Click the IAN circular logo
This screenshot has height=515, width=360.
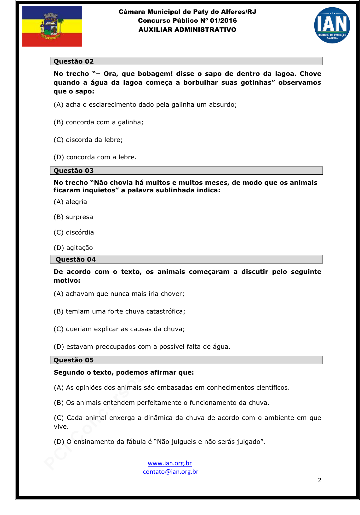tap(332, 25)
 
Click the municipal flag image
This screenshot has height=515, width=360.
tap(52, 26)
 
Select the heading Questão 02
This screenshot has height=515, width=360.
tap(74, 61)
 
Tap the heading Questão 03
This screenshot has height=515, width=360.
tap(74, 171)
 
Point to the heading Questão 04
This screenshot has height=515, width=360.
tap(76, 259)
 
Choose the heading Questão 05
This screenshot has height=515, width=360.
tap(74, 360)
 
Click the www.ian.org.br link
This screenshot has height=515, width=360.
tap(169, 463)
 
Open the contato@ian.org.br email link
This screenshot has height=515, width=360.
tap(170, 472)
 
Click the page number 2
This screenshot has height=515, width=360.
tap(320, 480)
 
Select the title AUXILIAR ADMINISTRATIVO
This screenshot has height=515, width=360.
tap(187, 30)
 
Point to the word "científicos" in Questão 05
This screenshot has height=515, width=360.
tap(271, 388)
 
